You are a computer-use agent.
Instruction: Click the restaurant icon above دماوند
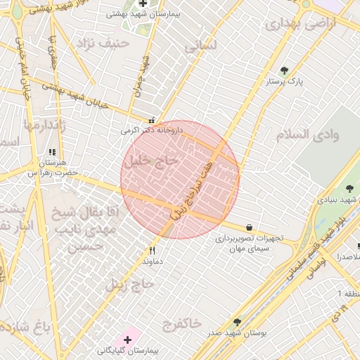153,250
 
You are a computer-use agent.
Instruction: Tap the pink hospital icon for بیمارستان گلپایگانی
127,340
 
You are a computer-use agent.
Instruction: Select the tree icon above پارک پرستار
284,70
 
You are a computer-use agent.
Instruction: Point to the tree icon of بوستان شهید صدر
237,322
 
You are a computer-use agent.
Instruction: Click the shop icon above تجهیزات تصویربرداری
250,227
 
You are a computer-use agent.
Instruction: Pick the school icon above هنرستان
51,152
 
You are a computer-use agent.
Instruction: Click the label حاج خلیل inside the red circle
152,161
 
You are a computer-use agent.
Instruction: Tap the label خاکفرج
182,323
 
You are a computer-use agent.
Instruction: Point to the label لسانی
202,46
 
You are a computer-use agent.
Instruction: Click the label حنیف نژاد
106,43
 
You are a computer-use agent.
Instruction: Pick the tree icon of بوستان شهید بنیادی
349,188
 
